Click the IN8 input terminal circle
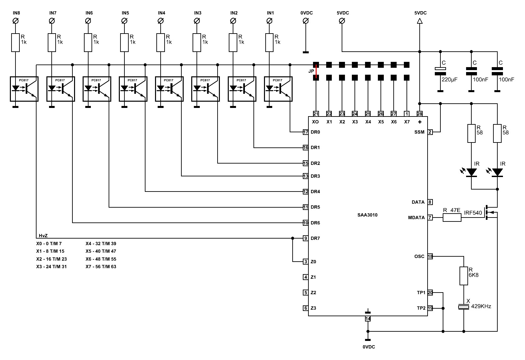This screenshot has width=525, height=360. point(15,21)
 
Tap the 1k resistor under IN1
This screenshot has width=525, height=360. point(269,42)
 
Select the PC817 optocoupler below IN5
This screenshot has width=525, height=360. point(133,89)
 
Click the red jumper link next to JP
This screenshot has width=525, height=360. point(316,71)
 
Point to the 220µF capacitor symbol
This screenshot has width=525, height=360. point(440,71)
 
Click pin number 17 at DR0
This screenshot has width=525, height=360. point(306,132)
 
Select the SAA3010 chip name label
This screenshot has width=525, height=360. point(367,215)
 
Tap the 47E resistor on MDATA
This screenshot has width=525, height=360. point(452,218)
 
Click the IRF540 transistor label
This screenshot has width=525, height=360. point(473,213)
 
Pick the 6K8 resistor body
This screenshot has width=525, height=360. point(463,276)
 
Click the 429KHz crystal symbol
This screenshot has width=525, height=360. point(463,307)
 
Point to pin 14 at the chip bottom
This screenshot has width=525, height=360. point(368,319)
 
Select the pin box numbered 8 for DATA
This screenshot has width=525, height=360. point(430,202)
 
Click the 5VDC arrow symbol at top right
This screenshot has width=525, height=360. point(420,21)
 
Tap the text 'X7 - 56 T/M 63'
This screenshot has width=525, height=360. point(101,267)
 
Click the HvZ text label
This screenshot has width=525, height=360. point(43,236)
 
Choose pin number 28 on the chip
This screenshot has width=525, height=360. point(420,114)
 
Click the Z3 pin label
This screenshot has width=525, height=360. point(313,308)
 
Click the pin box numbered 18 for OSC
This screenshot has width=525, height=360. point(430,256)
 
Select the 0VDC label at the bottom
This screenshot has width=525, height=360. point(369,347)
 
